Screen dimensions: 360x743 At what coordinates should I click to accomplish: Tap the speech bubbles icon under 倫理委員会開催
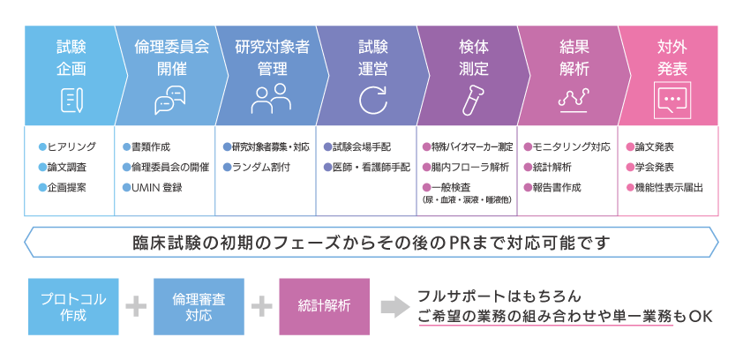[x=170, y=100]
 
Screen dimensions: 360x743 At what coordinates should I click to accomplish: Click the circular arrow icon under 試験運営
[x=372, y=100]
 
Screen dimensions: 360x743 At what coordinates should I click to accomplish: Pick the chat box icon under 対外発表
[x=672, y=100]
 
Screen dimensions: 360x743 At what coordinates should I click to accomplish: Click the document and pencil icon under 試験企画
[x=71, y=100]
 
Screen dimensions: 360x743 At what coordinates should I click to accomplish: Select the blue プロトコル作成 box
[x=73, y=306]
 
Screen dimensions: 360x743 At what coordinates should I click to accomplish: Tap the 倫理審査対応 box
[x=199, y=306]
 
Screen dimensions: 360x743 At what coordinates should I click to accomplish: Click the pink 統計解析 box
[x=324, y=306]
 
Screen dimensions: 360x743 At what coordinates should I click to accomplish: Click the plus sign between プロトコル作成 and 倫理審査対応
[x=136, y=306]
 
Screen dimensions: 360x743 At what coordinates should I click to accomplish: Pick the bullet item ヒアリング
[x=70, y=146]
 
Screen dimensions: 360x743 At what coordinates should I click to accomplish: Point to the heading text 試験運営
[x=372, y=56]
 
